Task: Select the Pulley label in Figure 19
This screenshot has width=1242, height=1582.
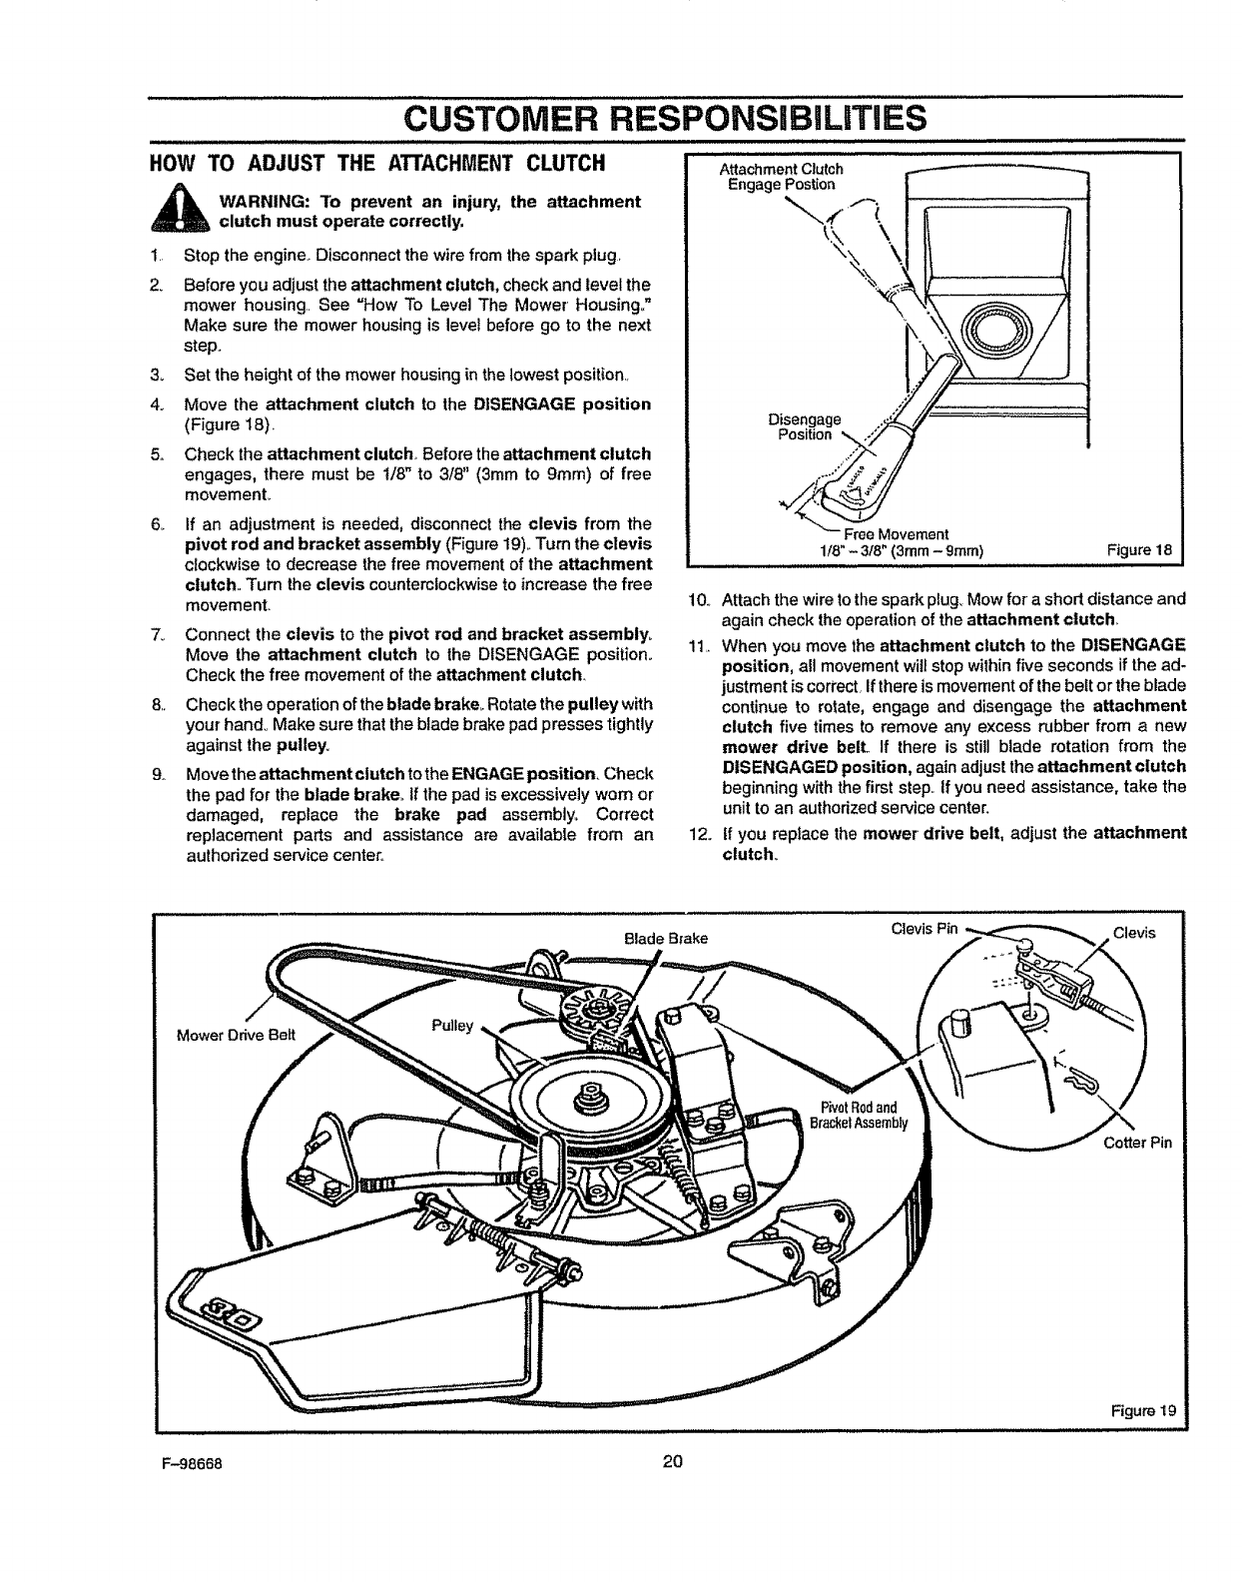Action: click(x=451, y=1026)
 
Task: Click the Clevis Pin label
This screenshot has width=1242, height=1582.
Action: click(x=924, y=929)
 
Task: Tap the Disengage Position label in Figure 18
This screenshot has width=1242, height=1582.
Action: click(x=809, y=426)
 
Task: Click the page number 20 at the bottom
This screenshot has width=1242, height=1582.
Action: click(x=671, y=1463)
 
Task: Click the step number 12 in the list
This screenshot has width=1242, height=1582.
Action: click(x=698, y=832)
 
